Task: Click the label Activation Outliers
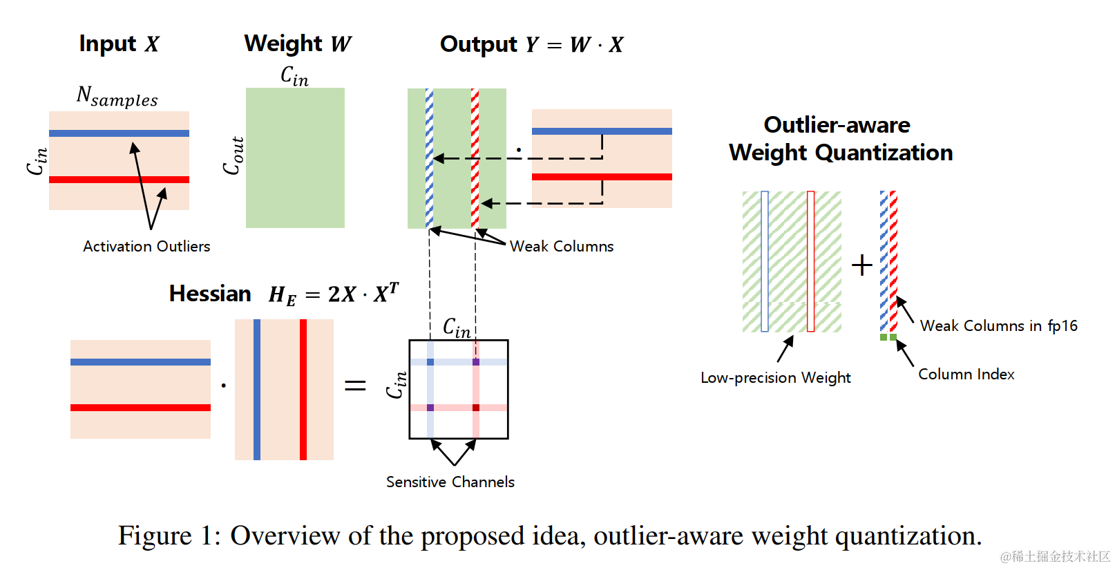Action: pyautogui.click(x=146, y=247)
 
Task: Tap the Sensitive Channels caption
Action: pyautogui.click(x=450, y=482)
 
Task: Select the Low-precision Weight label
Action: pyautogui.click(x=776, y=378)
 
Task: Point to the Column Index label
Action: pyautogui.click(x=966, y=375)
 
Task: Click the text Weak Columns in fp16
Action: pyautogui.click(x=998, y=325)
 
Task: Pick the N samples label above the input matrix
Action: pyautogui.click(x=117, y=95)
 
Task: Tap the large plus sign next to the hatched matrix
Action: pyautogui.click(x=862, y=265)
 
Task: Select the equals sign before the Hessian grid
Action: pyautogui.click(x=355, y=385)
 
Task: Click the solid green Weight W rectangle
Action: pyautogui.click(x=295, y=158)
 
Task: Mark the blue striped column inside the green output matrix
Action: pyautogui.click(x=429, y=158)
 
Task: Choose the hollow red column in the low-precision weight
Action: pyautogui.click(x=811, y=261)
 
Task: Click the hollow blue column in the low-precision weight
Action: pyautogui.click(x=765, y=261)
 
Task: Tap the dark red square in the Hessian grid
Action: pyautogui.click(x=476, y=408)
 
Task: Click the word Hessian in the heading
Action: pyautogui.click(x=210, y=294)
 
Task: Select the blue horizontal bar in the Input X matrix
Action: pyautogui.click(x=119, y=133)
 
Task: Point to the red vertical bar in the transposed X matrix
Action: pyautogui.click(x=303, y=389)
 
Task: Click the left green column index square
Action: pyautogui.click(x=884, y=337)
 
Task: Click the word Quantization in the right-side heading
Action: pyautogui.click(x=884, y=152)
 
